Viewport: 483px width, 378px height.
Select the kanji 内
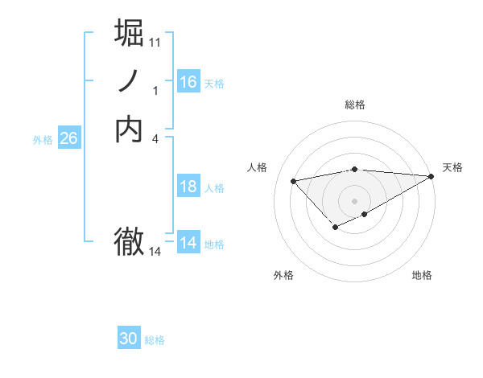[130, 129]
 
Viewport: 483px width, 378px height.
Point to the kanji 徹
[130, 241]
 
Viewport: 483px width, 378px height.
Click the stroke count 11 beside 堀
[155, 42]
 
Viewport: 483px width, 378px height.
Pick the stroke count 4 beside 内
[155, 139]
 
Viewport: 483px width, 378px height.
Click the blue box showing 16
[188, 82]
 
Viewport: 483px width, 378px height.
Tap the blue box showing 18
[188, 187]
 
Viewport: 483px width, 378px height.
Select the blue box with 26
[68, 138]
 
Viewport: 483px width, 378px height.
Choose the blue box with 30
[129, 339]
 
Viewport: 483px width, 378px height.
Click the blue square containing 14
[188, 243]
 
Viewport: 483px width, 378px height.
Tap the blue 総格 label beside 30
[155, 340]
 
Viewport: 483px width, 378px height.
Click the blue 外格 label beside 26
[43, 140]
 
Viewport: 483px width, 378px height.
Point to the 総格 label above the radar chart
[355, 105]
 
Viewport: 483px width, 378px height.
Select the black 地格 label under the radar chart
[422, 275]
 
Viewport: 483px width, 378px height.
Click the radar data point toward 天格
[431, 177]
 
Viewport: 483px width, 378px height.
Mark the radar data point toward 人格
[293, 180]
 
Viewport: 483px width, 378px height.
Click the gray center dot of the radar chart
[355, 201]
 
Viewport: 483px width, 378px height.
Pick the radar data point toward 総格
[355, 169]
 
